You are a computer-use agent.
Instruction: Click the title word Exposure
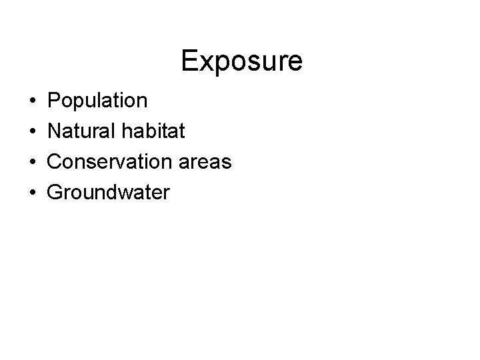click(241, 61)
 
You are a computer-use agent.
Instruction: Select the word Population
click(98, 101)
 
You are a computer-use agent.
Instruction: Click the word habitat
click(155, 131)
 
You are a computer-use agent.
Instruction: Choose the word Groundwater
click(109, 193)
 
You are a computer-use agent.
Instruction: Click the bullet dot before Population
click(33, 101)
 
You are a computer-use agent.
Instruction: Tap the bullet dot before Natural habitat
click(33, 132)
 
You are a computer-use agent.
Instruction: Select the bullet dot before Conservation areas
click(33, 163)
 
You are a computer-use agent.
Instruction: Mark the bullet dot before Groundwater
click(33, 193)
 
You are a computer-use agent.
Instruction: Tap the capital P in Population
click(55, 101)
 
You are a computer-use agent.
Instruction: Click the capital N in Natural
click(55, 131)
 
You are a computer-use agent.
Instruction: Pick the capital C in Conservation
click(56, 162)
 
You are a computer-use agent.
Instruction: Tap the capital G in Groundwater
click(57, 193)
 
